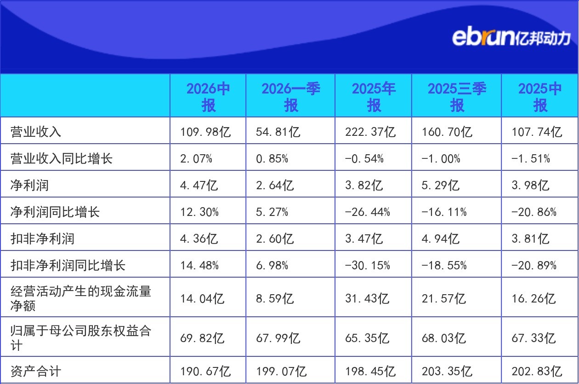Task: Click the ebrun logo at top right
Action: point(511,38)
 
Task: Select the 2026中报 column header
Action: point(208,97)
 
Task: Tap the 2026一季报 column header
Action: point(291,97)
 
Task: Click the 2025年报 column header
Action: point(374,97)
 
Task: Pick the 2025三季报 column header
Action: point(457,97)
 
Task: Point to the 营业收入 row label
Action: point(36,132)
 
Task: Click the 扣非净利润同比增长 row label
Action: point(68,265)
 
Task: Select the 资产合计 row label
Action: point(36,371)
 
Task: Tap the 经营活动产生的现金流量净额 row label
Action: point(81,298)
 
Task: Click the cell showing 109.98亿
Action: point(205,132)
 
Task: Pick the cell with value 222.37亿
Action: point(370,132)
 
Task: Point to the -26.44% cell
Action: point(367,212)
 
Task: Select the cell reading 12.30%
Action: point(199,212)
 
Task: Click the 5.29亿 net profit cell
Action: point(440,186)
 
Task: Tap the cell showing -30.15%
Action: point(367,265)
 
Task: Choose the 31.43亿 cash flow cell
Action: point(367,298)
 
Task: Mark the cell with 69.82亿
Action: point(202,338)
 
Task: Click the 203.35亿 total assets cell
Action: point(447,371)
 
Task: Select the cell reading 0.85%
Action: point(272,159)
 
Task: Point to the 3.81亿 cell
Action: point(530,239)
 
